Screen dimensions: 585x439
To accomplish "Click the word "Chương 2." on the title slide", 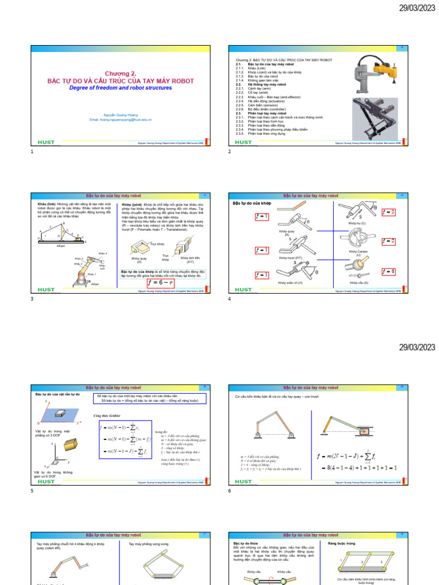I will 121,74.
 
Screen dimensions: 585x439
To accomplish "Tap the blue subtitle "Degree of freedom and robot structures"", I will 121,88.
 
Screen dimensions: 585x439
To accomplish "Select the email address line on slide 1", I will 121,119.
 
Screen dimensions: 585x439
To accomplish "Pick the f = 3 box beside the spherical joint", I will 389,270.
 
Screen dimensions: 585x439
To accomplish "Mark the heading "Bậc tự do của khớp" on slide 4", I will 252,203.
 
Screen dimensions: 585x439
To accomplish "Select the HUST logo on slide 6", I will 244,482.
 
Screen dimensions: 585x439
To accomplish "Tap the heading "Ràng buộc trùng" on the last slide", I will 340,543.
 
